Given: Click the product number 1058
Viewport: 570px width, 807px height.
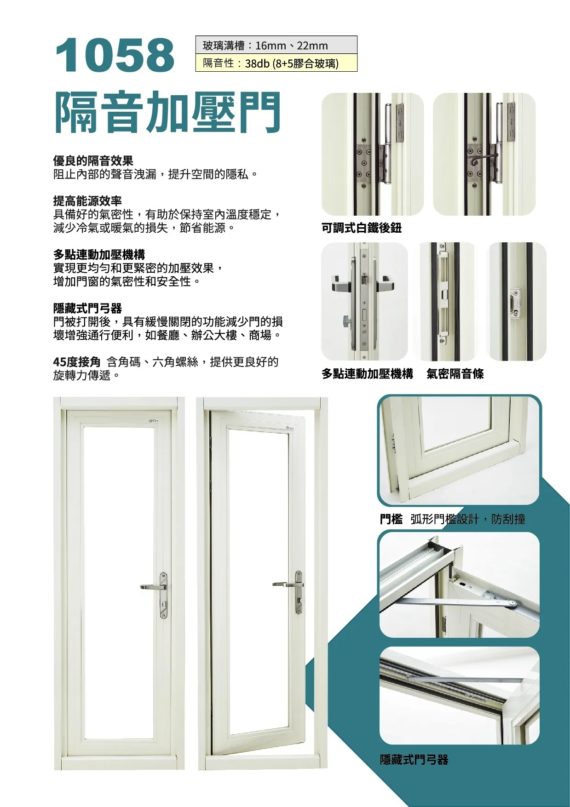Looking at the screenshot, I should (115, 55).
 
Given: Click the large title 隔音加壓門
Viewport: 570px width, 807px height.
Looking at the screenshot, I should (167, 112).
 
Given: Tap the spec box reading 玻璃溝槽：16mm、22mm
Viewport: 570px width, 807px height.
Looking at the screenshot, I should (276, 46).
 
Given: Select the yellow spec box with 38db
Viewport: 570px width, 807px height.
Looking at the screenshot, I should (276, 63).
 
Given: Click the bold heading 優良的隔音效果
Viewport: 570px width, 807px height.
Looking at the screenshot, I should (93, 161).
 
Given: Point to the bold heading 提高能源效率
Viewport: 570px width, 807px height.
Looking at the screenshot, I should (87, 201).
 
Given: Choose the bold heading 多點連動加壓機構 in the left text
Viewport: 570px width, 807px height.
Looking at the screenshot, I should (99, 255).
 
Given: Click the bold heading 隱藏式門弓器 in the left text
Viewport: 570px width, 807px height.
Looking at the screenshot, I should (87, 309).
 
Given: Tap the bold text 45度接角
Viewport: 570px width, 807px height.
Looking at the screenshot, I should (76, 362).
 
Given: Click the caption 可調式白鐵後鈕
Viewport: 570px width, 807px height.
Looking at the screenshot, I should (361, 228).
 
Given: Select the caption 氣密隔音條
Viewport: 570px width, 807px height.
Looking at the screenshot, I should (455, 374).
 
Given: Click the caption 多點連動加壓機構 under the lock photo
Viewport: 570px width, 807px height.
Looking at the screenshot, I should (367, 374).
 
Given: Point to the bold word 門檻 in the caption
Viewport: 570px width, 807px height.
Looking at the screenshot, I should (391, 520).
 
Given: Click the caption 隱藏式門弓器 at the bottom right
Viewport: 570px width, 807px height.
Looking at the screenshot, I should (414, 760).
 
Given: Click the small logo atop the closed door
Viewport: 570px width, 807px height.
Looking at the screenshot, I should (154, 420).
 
